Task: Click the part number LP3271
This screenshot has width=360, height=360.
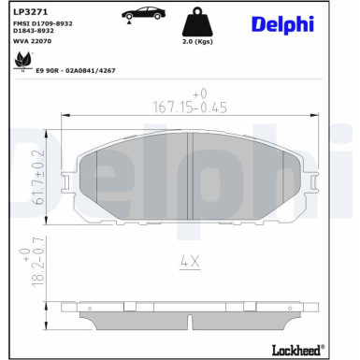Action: [x=30, y=12]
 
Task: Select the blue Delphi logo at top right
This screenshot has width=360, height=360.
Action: [x=282, y=24]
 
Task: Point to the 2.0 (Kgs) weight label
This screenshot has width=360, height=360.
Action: [x=197, y=41]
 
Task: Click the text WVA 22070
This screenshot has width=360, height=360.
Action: [x=32, y=41]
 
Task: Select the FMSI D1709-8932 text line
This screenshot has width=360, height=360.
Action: [x=43, y=23]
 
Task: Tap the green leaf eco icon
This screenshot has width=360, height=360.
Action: [x=23, y=62]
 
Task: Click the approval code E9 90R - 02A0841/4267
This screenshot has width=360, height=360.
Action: [x=76, y=71]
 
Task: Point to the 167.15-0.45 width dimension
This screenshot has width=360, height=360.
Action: [x=190, y=108]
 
